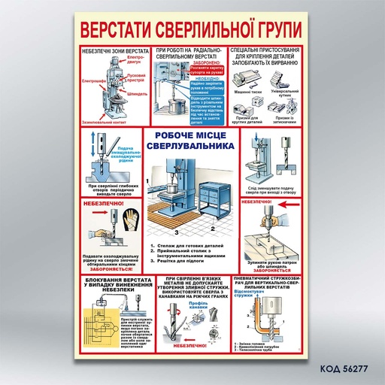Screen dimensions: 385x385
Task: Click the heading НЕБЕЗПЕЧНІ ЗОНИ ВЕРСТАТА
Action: pos(114,50)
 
